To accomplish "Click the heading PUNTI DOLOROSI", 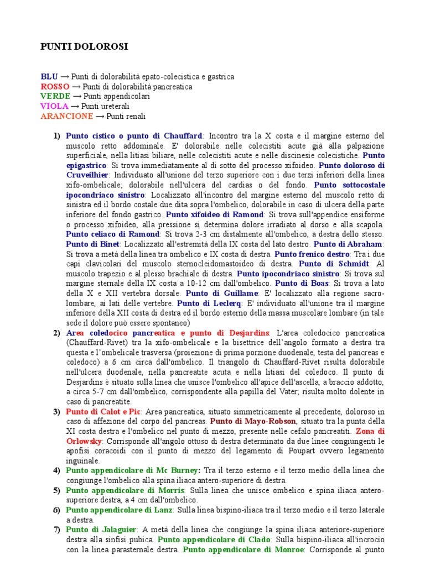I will [85, 47].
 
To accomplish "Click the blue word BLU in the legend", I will [49, 77].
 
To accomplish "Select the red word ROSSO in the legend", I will [55, 87].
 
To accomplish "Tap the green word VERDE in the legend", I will [55, 97].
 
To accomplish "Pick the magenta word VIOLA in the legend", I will [54, 106].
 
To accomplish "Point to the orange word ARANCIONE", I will [67, 116].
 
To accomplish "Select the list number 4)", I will [56, 471].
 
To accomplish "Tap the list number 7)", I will [56, 530].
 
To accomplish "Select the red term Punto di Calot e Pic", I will [104, 412].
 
